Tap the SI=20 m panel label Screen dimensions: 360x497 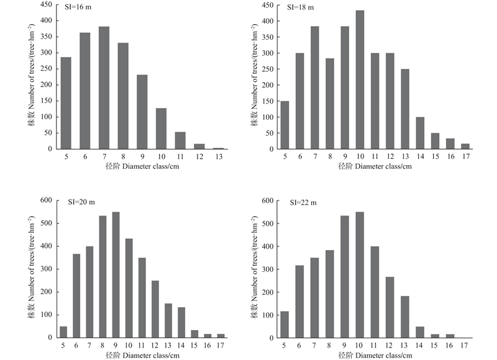coord(82,202)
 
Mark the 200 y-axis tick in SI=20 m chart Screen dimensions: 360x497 coord(47,292)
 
